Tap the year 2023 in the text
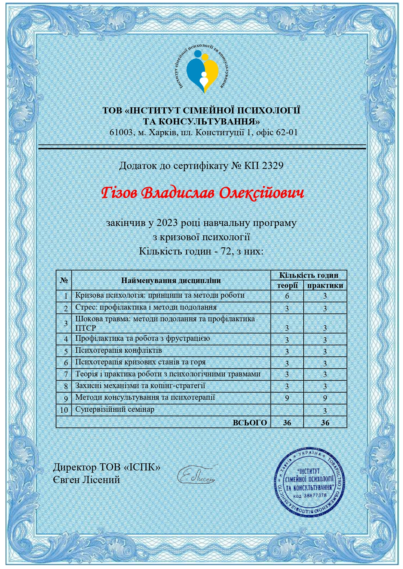[167, 223]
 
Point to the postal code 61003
[121, 132]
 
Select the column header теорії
[287, 285]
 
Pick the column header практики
[325, 285]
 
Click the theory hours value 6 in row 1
[287, 296]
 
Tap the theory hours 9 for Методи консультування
[287, 398]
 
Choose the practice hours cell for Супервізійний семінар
[325, 410]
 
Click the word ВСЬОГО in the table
[250, 422]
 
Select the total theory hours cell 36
[287, 422]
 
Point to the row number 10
[64, 410]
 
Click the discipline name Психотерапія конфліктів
[119, 350]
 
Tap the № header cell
[64, 280]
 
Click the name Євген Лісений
[86, 480]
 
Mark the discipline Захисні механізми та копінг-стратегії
[140, 386]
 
